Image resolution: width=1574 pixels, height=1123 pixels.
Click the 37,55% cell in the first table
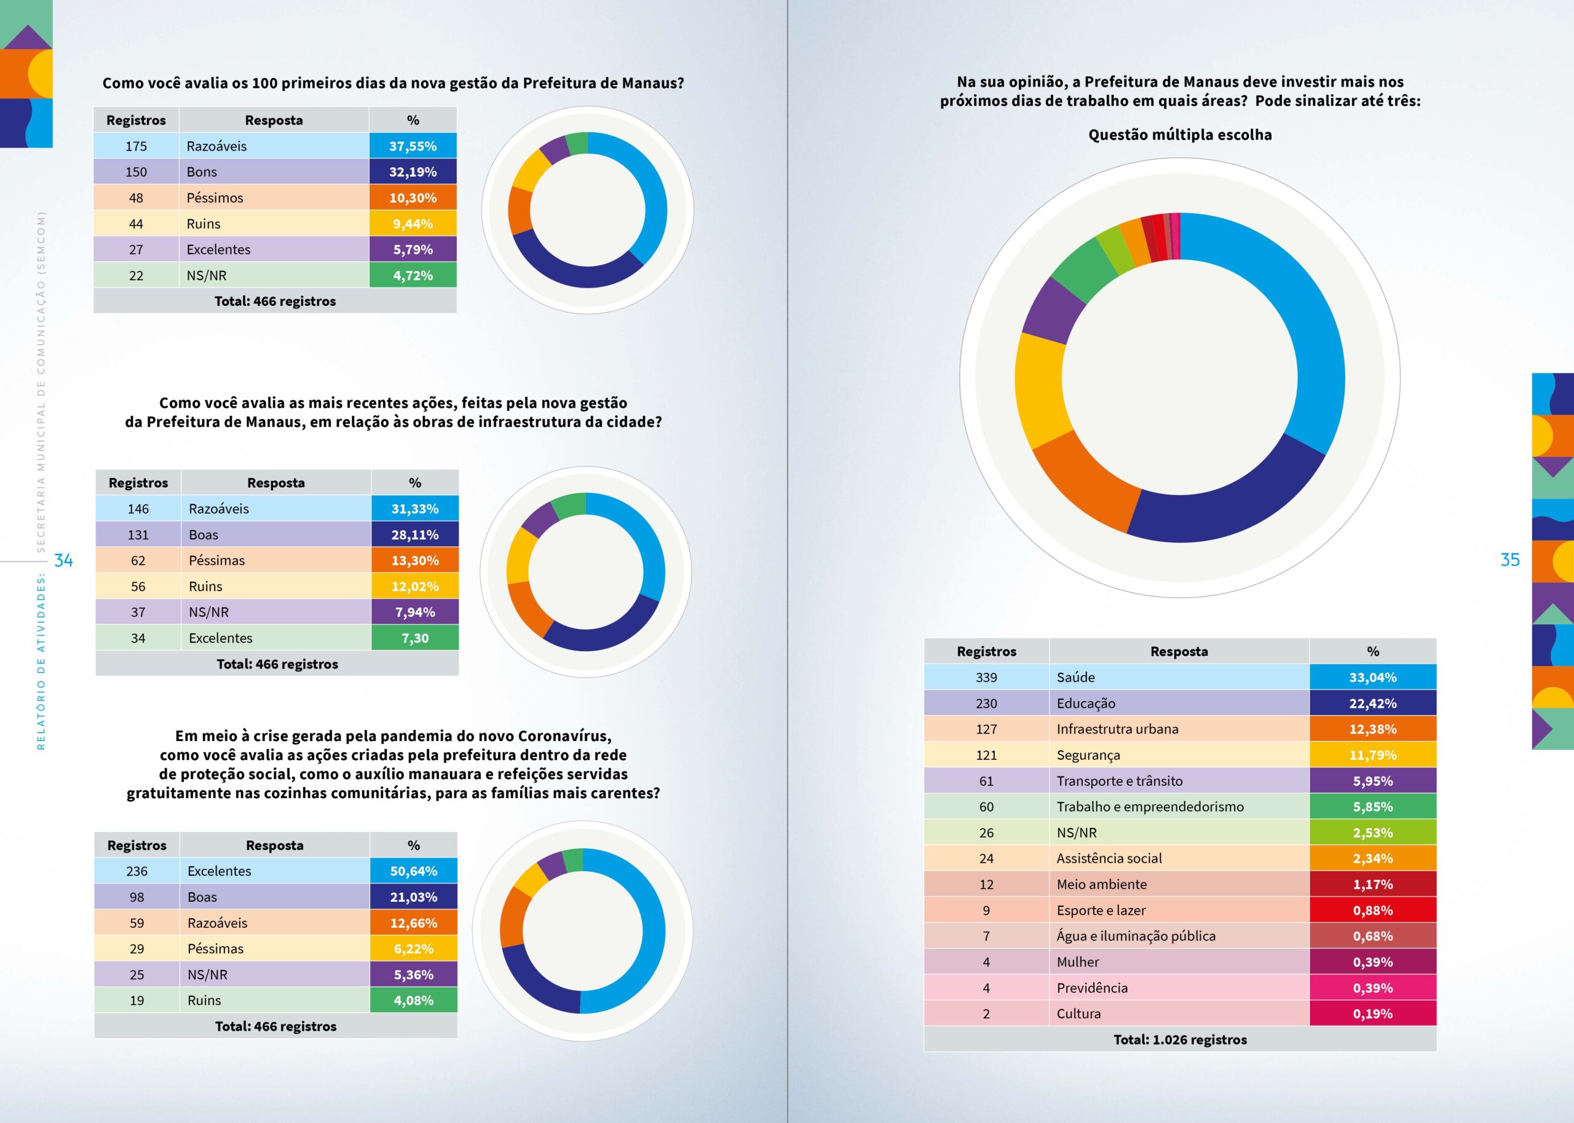tap(413, 146)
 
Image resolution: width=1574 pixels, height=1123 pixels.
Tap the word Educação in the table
tap(1086, 703)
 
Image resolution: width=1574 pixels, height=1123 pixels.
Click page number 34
tap(64, 560)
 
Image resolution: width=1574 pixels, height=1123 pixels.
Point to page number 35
tap(1509, 560)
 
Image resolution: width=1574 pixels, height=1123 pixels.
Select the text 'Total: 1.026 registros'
tap(1180, 1039)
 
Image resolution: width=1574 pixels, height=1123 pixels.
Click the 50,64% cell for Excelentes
tap(413, 871)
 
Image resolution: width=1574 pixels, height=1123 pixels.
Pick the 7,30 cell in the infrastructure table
tap(414, 638)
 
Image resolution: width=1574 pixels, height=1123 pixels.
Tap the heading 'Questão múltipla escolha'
tap(1180, 135)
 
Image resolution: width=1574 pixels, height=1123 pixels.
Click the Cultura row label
tap(1078, 1014)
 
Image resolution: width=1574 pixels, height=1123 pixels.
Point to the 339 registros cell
tap(986, 678)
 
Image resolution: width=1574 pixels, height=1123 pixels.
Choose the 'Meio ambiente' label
tap(1101, 885)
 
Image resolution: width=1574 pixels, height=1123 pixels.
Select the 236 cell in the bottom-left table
tap(137, 871)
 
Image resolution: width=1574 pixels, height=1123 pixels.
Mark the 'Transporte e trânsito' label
tap(1120, 781)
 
